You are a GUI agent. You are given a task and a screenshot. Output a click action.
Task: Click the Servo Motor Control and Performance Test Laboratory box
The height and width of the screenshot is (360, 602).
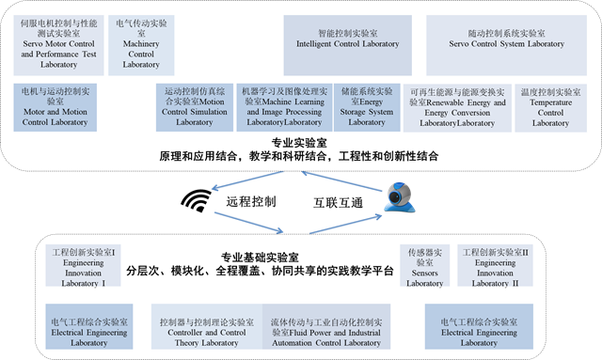coord(58,45)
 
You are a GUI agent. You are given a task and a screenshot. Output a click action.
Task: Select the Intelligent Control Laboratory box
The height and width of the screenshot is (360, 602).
coord(348,45)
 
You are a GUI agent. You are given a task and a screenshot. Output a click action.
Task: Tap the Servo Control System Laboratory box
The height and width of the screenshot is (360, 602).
coord(506,45)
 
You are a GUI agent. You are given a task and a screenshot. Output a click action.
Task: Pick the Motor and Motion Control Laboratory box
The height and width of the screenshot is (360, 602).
coord(55,107)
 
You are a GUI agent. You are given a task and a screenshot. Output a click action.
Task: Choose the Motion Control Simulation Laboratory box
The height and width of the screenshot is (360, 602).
coord(195,107)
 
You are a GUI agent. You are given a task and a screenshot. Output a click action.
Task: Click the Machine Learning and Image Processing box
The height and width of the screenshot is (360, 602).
coord(284,107)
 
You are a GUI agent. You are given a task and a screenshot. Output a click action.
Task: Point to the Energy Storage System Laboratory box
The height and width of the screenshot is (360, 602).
coord(367,107)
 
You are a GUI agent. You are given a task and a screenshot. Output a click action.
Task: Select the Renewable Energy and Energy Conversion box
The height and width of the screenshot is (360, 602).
coord(457,108)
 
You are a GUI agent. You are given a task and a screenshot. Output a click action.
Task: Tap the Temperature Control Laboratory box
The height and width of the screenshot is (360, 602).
coord(550,108)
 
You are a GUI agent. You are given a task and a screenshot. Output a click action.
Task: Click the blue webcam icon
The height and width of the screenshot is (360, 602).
coord(400,197)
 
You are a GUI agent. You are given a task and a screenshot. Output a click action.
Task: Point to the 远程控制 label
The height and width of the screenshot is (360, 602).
coord(251,201)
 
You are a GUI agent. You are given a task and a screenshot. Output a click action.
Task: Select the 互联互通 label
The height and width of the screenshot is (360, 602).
coord(339,203)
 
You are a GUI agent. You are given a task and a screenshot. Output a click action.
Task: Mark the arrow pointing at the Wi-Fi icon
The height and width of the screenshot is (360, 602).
coord(247,180)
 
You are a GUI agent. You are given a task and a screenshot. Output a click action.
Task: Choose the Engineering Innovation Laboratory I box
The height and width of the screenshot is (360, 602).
coord(84,266)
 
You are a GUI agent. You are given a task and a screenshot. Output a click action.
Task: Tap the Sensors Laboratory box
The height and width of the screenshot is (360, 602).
coord(424,266)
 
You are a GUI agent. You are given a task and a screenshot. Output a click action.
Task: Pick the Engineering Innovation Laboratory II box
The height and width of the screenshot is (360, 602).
coord(496,266)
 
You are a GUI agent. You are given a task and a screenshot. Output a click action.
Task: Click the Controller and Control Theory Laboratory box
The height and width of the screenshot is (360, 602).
coord(207,326)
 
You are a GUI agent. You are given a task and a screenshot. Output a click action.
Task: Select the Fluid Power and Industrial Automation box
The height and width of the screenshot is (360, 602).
coord(326,326)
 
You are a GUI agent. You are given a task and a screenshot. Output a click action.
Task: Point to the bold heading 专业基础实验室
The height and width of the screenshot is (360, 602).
coord(260,258)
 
